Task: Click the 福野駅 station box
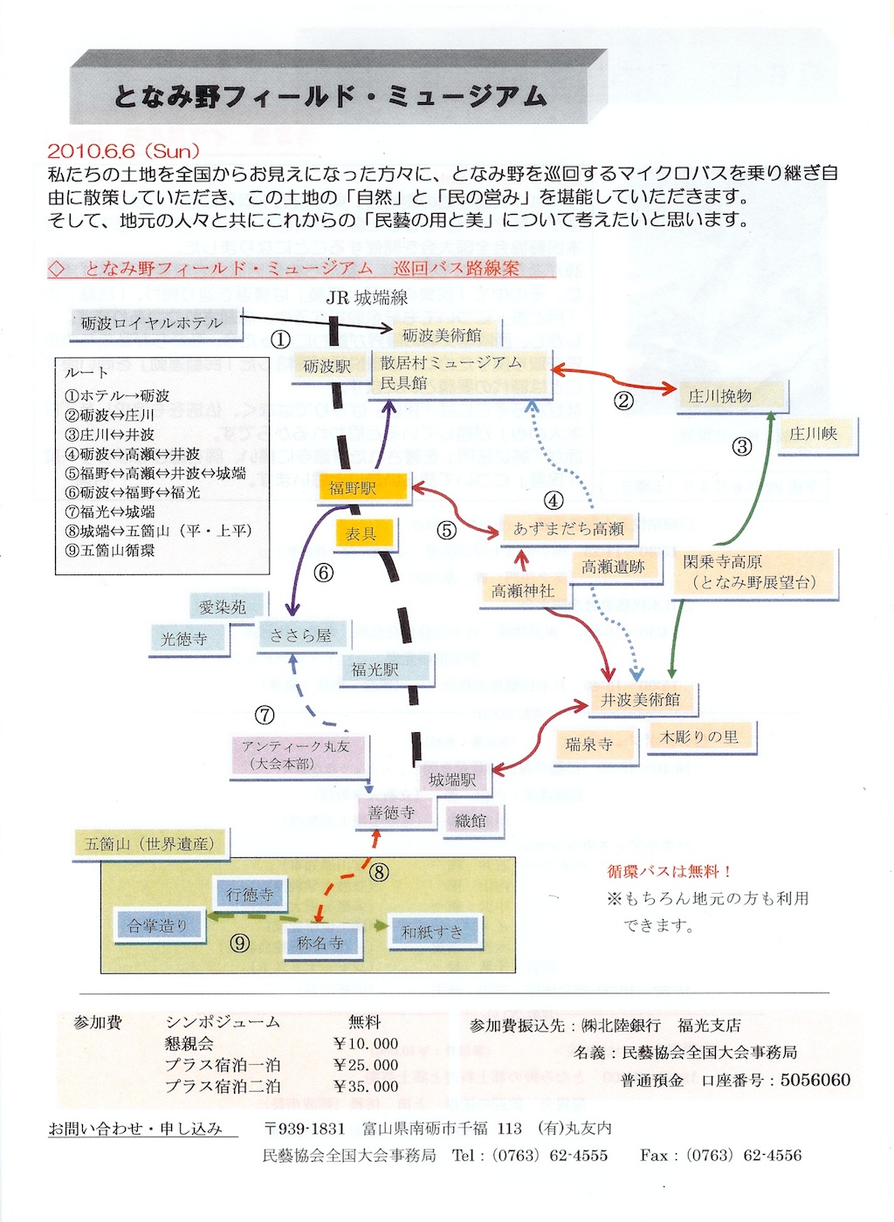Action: tap(363, 487)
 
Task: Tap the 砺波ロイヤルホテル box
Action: tap(155, 324)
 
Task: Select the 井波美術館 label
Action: tap(643, 699)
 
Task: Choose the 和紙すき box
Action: tap(433, 931)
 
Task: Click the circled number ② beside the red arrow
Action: tap(624, 401)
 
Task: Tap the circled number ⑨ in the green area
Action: tap(239, 944)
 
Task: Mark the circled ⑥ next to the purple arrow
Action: tap(323, 573)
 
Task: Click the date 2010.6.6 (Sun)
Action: tap(124, 151)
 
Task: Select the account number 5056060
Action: tap(815, 1080)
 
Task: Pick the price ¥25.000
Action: tap(366, 1064)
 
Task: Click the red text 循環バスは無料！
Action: tap(669, 871)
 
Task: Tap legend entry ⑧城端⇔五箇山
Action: tap(158, 531)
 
